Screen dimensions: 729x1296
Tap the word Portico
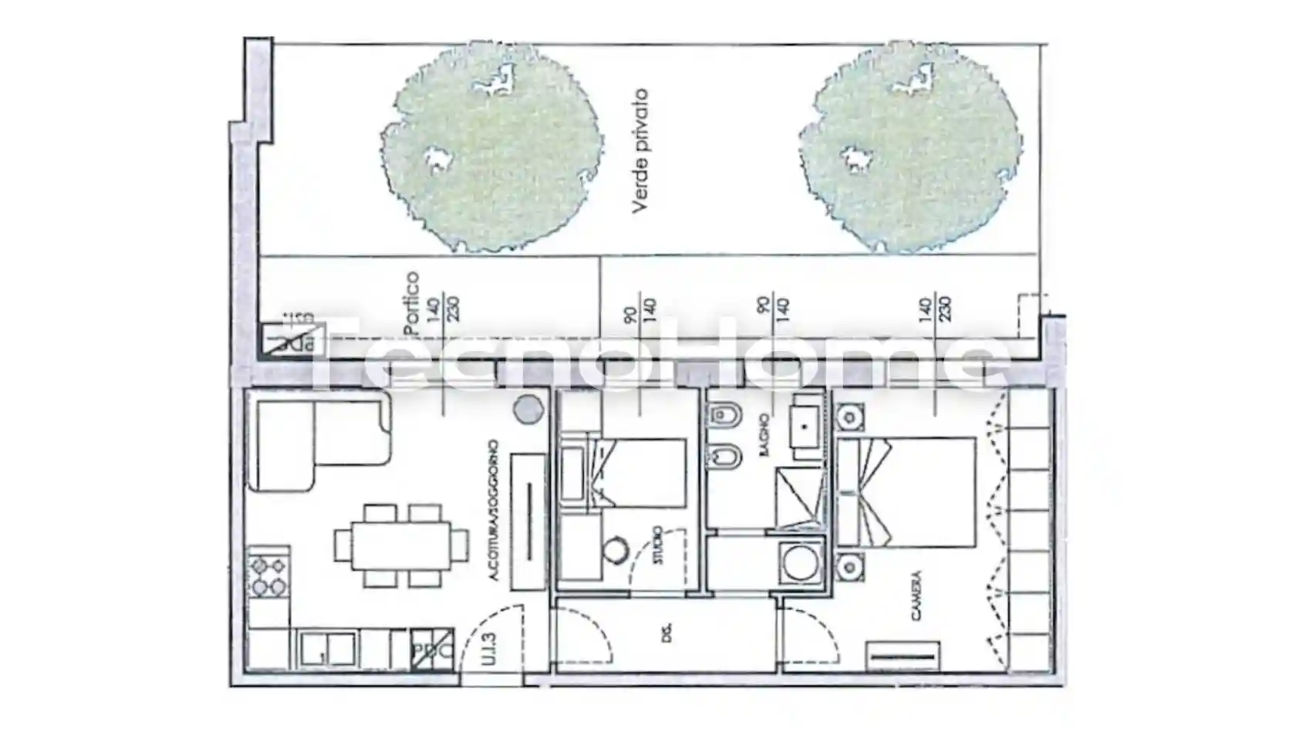[x=412, y=302]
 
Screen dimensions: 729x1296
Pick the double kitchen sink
[x=329, y=648]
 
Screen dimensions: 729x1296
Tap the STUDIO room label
[x=657, y=545]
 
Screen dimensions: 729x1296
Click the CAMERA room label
[x=916, y=596]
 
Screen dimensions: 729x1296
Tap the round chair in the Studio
[x=616, y=551]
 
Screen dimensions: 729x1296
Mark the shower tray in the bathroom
[x=800, y=498]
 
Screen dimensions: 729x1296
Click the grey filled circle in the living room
[x=528, y=409]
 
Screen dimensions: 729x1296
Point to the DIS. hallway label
[x=667, y=634]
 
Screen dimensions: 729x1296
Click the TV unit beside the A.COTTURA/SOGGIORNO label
[x=529, y=521]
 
